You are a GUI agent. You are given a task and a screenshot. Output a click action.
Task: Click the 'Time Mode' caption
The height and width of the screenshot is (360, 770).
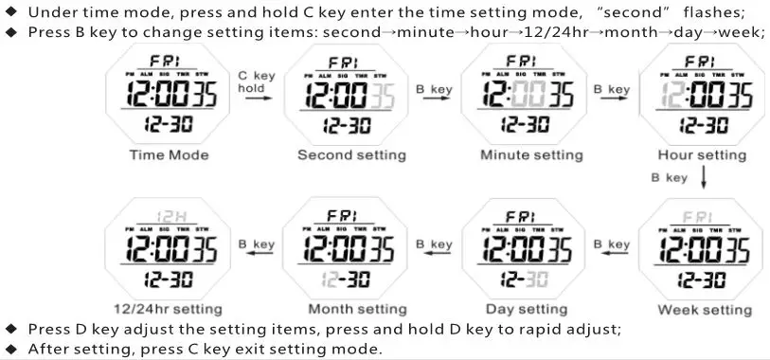pyautogui.click(x=169, y=154)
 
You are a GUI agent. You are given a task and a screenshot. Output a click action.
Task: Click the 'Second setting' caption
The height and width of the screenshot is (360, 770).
pyautogui.click(x=351, y=154)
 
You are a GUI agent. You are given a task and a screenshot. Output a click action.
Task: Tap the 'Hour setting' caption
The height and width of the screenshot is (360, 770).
pyautogui.click(x=703, y=154)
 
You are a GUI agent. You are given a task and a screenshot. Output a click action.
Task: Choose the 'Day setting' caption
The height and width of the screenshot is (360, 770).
pyautogui.click(x=526, y=309)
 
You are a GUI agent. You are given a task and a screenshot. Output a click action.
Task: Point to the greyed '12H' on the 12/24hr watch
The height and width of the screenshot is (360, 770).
pyautogui.click(x=169, y=215)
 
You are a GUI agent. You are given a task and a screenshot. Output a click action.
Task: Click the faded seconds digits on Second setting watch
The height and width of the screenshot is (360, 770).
pyautogui.click(x=385, y=94)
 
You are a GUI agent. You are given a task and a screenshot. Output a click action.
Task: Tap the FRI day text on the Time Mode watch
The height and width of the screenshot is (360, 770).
pyautogui.click(x=168, y=62)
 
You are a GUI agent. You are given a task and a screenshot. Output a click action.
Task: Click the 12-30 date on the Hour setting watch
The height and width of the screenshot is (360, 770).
pyautogui.click(x=703, y=124)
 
